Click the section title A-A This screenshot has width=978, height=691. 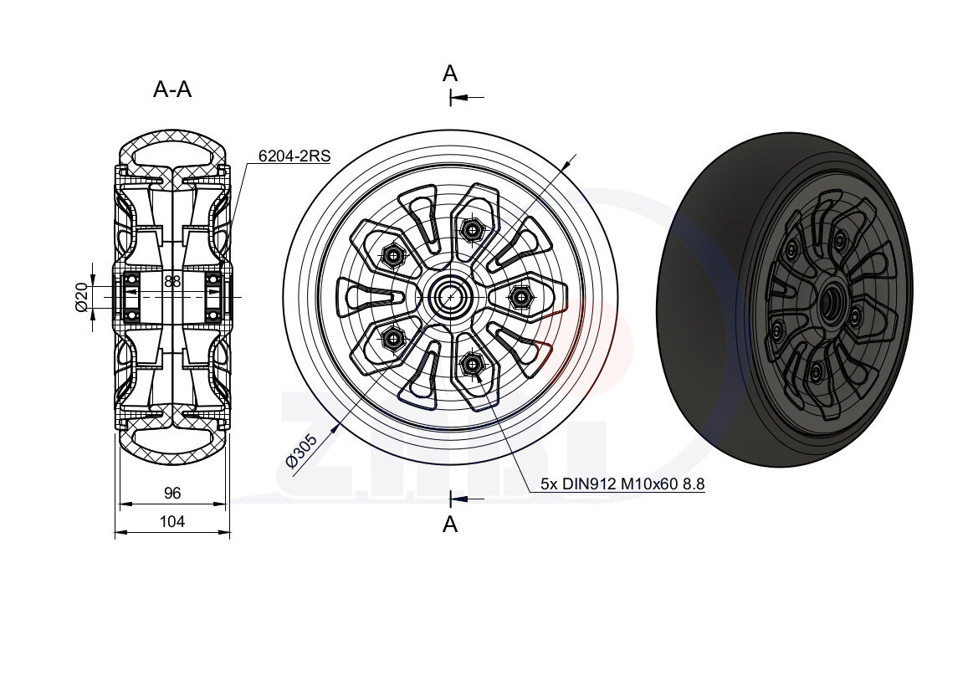172,90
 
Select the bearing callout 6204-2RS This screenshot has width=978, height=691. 294,156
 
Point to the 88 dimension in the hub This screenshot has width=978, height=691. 172,281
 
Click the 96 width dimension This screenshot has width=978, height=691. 172,493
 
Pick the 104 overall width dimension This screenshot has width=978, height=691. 172,521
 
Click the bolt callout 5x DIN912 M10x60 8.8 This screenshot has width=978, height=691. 622,484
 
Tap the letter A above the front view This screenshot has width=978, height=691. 450,74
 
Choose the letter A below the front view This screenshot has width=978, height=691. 450,525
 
